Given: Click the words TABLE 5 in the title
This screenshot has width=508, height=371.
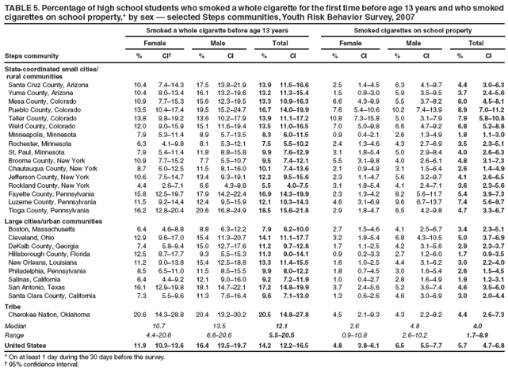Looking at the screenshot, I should (x=21, y=6).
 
